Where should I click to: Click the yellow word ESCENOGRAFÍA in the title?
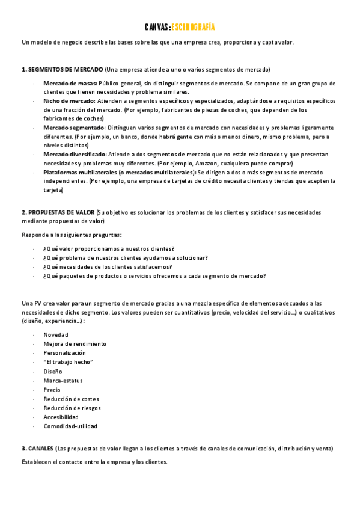click(193, 27)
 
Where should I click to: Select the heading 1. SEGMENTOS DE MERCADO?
click(63, 69)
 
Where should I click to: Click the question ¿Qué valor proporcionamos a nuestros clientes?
click(109, 249)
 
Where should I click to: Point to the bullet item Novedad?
click(56, 334)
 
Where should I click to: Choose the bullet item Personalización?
click(64, 353)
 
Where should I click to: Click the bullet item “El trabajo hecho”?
click(68, 362)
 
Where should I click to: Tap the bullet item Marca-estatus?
click(63, 381)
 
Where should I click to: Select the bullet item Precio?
click(52, 390)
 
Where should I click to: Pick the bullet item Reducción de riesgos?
click(72, 408)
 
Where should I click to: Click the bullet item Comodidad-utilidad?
click(70, 426)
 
